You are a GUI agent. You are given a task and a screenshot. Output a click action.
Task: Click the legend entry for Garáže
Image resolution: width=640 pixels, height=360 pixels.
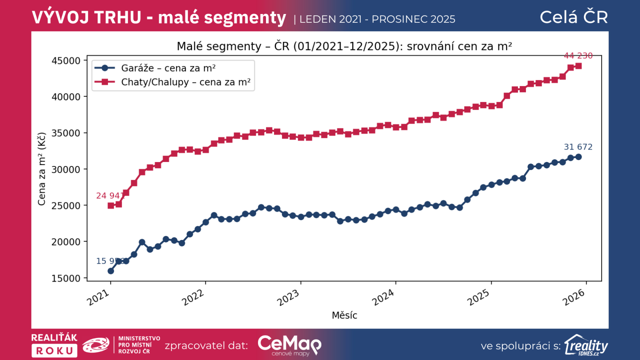pyautogui.click(x=168, y=68)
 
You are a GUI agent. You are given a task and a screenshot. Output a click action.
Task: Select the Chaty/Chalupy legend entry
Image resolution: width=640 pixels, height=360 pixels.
pyautogui.click(x=186, y=82)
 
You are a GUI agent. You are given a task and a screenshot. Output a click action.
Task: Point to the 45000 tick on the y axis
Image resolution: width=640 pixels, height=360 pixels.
pyautogui.click(x=66, y=61)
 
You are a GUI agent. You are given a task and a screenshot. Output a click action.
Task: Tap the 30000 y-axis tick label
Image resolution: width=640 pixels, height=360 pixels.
pyautogui.click(x=66, y=170)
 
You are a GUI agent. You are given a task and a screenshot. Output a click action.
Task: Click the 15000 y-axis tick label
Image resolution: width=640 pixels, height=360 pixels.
pyautogui.click(x=66, y=278)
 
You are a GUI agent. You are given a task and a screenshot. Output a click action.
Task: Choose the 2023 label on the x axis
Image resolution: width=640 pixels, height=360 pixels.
pyautogui.click(x=288, y=298)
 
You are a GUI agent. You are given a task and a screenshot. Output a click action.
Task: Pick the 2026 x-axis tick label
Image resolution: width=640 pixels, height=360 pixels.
pyautogui.click(x=574, y=298)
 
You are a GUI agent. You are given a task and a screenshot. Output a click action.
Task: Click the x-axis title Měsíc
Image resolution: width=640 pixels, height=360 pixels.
pyautogui.click(x=344, y=315)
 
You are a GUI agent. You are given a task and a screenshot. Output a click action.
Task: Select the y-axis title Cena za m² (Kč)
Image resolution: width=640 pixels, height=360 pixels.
pyautogui.click(x=42, y=169)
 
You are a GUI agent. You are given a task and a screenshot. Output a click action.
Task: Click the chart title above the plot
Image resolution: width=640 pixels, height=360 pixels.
pyautogui.click(x=344, y=46)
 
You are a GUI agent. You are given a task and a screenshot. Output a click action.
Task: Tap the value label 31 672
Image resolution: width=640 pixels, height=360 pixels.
pyautogui.click(x=578, y=147)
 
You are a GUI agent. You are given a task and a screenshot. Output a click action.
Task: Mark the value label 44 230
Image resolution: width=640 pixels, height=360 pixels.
pyautogui.click(x=578, y=56)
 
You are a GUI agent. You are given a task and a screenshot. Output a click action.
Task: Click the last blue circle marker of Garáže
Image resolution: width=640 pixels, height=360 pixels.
pyautogui.click(x=578, y=157)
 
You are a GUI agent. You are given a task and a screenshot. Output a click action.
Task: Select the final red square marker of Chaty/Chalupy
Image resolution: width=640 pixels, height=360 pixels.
pyautogui.click(x=578, y=66)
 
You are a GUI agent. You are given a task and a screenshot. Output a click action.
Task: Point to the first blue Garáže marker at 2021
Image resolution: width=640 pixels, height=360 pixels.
pyautogui.click(x=111, y=271)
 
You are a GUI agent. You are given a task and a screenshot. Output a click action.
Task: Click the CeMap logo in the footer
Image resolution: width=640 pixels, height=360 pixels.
pyautogui.click(x=289, y=345)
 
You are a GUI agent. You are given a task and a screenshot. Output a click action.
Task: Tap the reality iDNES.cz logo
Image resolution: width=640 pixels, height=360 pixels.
pyautogui.click(x=586, y=345)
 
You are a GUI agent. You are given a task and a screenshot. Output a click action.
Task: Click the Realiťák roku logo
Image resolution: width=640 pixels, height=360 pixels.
pyautogui.click(x=54, y=345)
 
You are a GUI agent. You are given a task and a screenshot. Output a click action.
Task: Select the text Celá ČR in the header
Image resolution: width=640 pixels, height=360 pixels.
pyautogui.click(x=574, y=17)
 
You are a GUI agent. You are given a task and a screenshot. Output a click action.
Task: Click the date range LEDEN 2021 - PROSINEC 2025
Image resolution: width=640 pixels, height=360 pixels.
pyautogui.click(x=377, y=19)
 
